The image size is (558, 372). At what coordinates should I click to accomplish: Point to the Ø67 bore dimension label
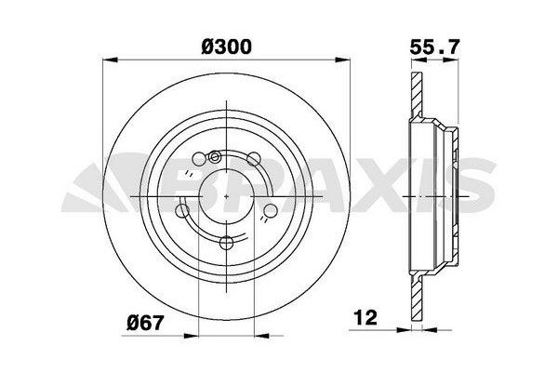[147, 323]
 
